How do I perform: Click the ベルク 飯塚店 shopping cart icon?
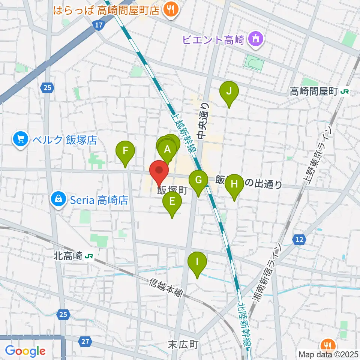tap(20, 140)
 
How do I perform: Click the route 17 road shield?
tap(98, 25)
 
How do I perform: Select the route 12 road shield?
tap(299, 240)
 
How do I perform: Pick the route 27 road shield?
tap(85, 341)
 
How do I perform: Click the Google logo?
tap(25, 351)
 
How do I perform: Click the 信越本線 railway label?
tap(166, 287)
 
